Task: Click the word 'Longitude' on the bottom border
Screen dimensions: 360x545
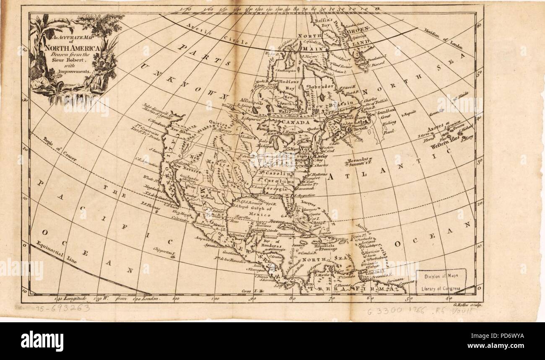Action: point(75,298)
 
